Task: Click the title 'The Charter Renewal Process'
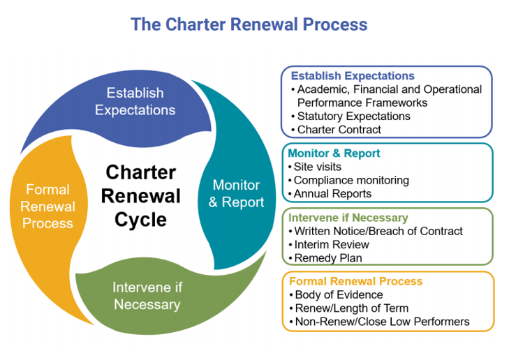click(249, 24)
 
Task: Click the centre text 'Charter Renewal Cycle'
click(140, 196)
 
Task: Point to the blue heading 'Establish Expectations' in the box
click(353, 75)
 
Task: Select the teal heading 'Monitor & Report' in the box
click(334, 153)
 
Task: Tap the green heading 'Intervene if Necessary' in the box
click(348, 217)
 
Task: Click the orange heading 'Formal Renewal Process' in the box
click(356, 281)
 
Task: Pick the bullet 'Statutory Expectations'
click(351, 116)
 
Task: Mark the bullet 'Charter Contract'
click(336, 129)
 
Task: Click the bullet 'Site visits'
click(315, 167)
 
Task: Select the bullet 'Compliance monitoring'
click(348, 180)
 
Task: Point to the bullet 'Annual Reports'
click(330, 194)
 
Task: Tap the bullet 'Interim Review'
click(329, 245)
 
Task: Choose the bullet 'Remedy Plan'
click(325, 258)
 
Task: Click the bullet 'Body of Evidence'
click(337, 294)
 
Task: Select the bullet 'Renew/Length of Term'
click(349, 308)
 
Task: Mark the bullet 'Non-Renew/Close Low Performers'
click(379, 322)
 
